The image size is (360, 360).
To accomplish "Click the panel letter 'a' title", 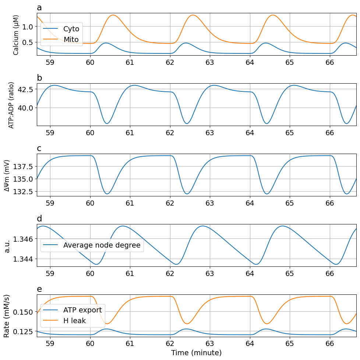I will tap(39, 8).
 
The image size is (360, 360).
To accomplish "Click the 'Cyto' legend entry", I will tap(71, 28).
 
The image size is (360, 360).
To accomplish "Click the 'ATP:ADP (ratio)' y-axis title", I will tap(11, 105).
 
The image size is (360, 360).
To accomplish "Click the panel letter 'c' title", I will tap(39, 148).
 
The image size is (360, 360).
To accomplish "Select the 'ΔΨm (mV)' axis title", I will tap(7, 175).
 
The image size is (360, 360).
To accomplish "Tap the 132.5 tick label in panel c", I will tap(23, 192).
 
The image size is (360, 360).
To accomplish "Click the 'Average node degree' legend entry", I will tap(102, 245).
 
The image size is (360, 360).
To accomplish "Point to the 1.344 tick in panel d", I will tap(23, 259).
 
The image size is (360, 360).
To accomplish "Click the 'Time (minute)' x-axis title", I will tap(196, 353).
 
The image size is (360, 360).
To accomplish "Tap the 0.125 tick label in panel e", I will tap(23, 332).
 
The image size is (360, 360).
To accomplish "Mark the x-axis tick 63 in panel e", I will tap(210, 343).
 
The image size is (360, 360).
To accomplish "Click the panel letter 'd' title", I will tap(39, 219).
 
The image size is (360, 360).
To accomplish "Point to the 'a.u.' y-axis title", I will tap(7, 245).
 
